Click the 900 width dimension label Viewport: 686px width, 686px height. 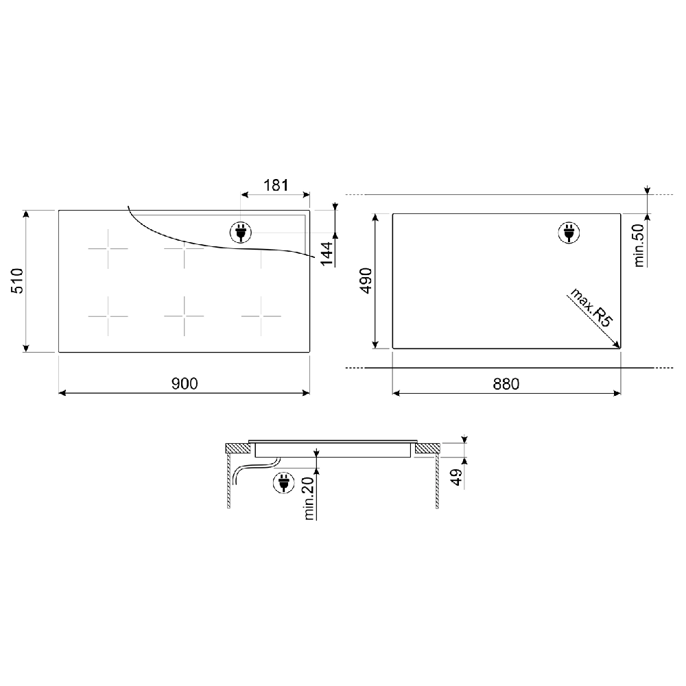click(185, 383)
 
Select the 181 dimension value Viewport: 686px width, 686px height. click(276, 185)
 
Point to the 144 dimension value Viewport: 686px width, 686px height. click(327, 253)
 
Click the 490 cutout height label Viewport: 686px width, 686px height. click(366, 281)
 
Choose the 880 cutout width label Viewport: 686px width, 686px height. click(506, 384)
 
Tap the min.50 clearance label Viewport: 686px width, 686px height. click(638, 245)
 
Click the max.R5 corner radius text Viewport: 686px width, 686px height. click(591, 307)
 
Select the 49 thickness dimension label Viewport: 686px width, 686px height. click(456, 477)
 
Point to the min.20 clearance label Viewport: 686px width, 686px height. click(309, 498)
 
